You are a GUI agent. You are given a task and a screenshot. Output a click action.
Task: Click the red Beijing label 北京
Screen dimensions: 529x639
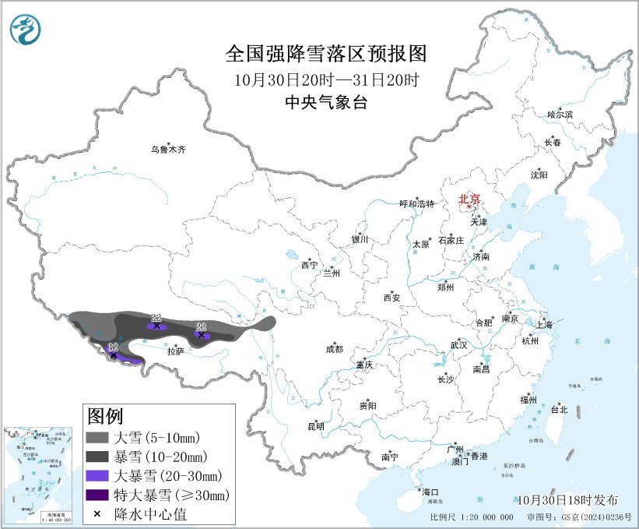(x=471, y=199)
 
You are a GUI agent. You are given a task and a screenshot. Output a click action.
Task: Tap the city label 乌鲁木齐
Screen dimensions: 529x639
(x=169, y=149)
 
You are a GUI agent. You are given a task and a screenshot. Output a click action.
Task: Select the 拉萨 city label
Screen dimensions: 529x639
(x=175, y=351)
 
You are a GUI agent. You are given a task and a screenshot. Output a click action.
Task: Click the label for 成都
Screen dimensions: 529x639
(x=334, y=350)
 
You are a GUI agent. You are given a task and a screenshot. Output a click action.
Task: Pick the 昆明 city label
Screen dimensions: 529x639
(x=316, y=426)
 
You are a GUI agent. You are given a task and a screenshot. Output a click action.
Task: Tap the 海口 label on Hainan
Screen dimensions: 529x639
(x=430, y=492)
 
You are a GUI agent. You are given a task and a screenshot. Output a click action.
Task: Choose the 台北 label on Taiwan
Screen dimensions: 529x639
(x=559, y=409)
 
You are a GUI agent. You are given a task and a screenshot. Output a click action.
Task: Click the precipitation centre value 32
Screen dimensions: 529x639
(x=113, y=347)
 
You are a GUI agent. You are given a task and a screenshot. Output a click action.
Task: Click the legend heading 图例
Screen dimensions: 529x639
(x=105, y=415)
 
